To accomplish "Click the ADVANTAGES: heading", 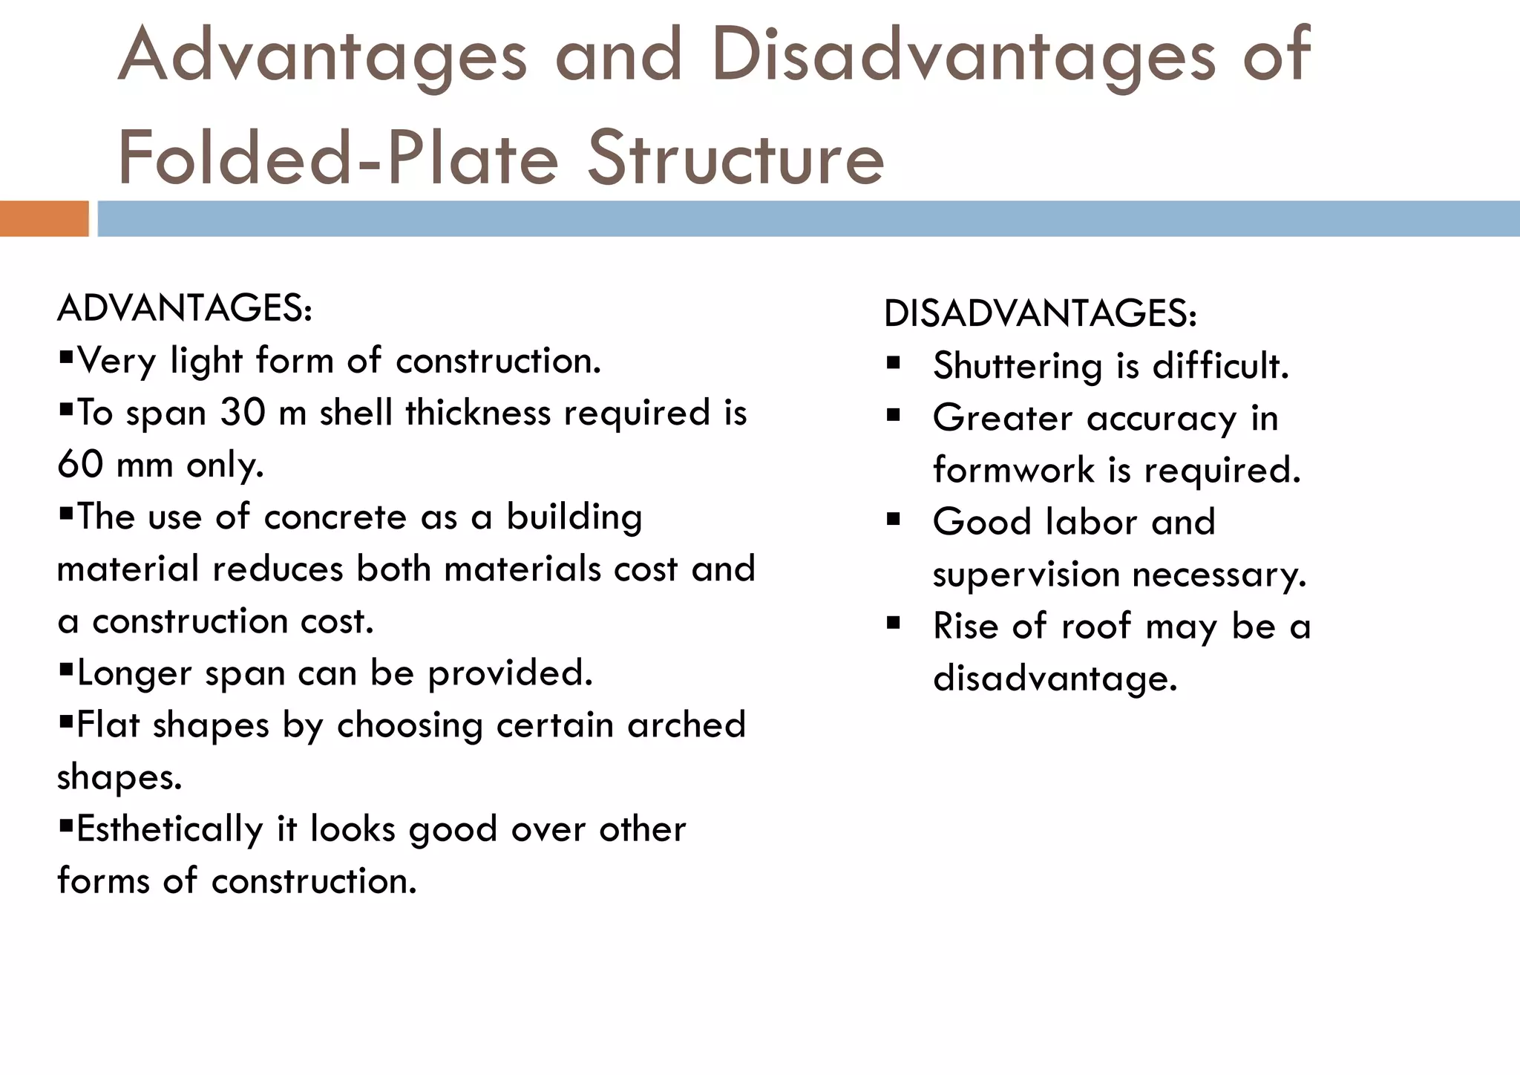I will (184, 308).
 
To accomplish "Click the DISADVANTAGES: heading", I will (1040, 313).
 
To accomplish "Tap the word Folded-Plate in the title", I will (337, 158).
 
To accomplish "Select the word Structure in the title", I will (736, 158).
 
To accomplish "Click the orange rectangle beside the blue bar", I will (44, 219).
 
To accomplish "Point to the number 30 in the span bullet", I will (242, 413).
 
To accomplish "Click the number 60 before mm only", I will (79, 465).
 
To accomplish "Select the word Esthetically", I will (169, 829).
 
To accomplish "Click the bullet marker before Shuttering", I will (893, 364).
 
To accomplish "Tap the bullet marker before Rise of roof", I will (893, 624).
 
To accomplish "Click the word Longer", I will (134, 674).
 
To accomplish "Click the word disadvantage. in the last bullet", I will (1055, 679).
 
